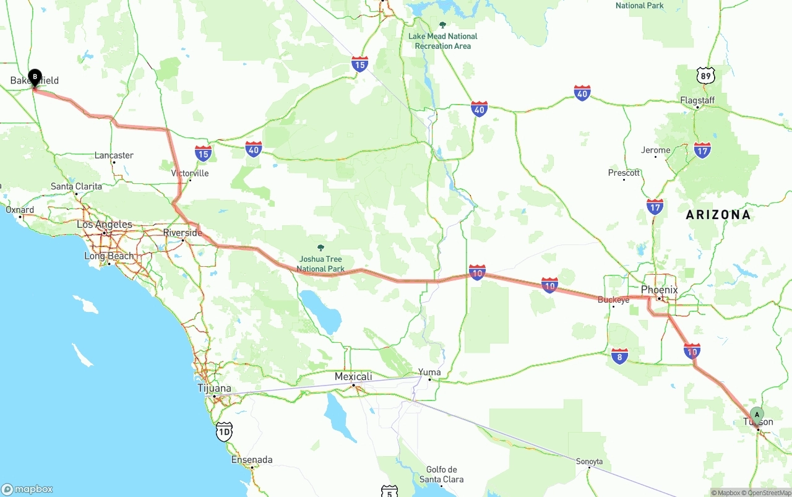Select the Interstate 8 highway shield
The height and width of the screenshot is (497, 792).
(x=619, y=355)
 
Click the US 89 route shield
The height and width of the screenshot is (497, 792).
(x=705, y=76)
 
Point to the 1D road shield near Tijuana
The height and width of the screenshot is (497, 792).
(x=225, y=431)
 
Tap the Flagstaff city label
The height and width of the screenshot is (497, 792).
(x=697, y=100)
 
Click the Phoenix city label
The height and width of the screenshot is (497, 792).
(x=659, y=290)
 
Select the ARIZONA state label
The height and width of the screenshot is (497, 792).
(x=718, y=215)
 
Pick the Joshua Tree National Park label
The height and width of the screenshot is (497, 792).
(x=320, y=264)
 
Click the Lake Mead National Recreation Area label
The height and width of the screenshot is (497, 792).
(x=442, y=41)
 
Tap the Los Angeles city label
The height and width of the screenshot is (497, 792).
(x=105, y=225)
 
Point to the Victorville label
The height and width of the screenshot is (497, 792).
(x=190, y=173)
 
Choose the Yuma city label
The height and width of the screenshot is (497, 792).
(x=429, y=373)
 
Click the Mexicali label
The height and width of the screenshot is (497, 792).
(x=353, y=376)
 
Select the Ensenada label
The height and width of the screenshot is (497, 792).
(x=252, y=460)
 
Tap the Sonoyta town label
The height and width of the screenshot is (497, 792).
(x=589, y=462)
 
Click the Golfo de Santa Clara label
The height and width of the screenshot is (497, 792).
(x=441, y=474)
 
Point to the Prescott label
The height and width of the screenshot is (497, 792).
(x=624, y=173)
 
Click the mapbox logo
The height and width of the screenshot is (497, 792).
(x=27, y=489)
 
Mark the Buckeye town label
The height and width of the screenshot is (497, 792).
(x=613, y=300)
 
